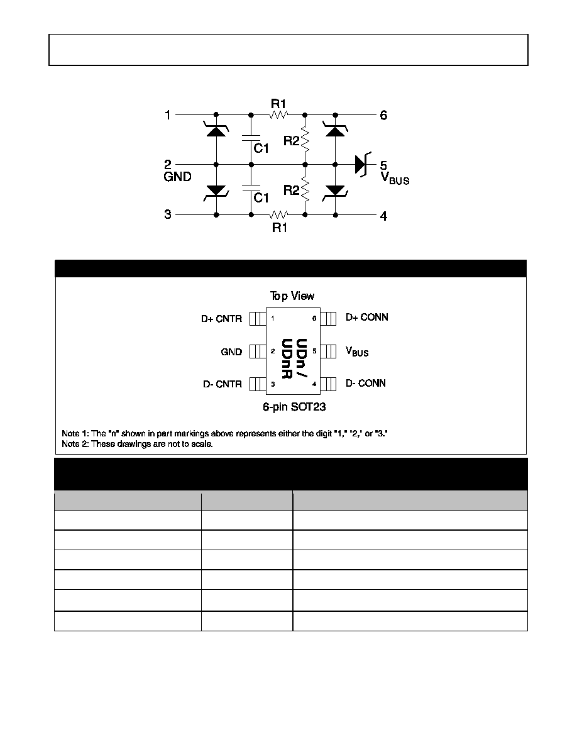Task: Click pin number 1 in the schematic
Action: tap(168, 115)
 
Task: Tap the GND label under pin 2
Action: tap(177, 177)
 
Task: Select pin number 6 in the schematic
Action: tap(383, 115)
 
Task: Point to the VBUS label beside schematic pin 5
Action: tap(395, 178)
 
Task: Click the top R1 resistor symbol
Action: tap(278, 115)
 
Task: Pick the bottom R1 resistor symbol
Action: tap(278, 214)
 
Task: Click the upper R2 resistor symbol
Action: tap(305, 140)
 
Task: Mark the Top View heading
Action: tap(292, 296)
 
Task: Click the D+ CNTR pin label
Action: tap(221, 319)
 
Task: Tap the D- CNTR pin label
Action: tap(222, 384)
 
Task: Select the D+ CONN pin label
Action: tap(367, 318)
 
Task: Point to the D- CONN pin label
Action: tap(366, 383)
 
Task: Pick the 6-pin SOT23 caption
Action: tap(294, 407)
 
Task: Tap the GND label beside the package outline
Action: tap(231, 352)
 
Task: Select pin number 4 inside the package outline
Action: tap(314, 384)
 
